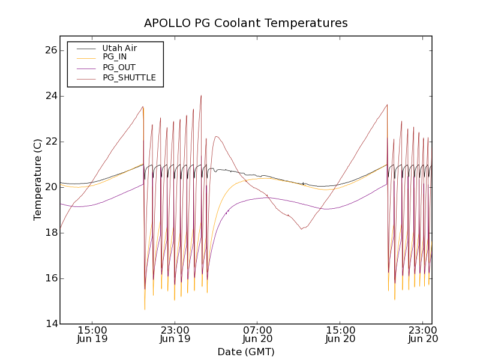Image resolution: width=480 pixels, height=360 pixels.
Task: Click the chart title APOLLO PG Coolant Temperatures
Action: pos(245,23)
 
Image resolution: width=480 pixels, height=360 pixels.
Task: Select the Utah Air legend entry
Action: pos(119,48)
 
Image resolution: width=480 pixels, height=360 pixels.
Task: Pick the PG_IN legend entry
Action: pos(115,57)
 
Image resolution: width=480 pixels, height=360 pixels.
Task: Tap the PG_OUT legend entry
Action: pos(119,67)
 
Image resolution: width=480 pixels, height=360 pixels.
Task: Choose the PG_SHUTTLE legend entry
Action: pos(129,77)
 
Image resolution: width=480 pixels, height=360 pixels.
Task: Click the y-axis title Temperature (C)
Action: pos(37,179)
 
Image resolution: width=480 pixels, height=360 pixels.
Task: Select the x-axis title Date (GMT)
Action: pos(245,352)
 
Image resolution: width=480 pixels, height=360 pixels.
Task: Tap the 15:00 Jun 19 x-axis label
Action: pos(92,334)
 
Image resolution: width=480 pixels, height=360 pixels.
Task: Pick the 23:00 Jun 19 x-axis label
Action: pos(175,334)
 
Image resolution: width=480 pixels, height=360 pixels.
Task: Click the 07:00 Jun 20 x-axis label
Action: pos(258,334)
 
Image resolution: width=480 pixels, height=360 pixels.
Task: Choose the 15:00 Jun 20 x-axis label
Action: pos(341,334)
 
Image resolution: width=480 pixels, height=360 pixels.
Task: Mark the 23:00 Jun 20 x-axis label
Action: pos(423,334)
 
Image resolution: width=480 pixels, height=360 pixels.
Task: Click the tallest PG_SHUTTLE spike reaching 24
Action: pos(201,96)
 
